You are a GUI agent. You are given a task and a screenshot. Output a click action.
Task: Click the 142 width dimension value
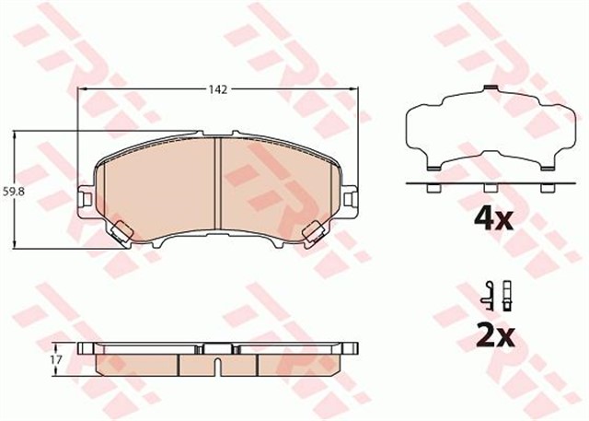click(217, 89)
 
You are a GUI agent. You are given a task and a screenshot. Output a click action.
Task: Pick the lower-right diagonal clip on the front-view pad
click(313, 233)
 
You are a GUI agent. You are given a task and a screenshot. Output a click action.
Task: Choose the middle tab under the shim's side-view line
click(488, 189)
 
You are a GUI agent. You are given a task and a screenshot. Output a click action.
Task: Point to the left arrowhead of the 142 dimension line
click(84, 89)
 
